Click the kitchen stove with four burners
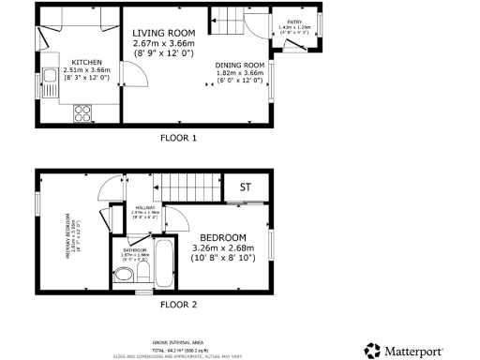click(x=81, y=112)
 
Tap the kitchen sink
click(x=48, y=74)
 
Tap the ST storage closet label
click(x=246, y=187)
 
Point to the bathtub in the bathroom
click(x=165, y=262)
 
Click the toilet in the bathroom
click(x=125, y=275)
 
